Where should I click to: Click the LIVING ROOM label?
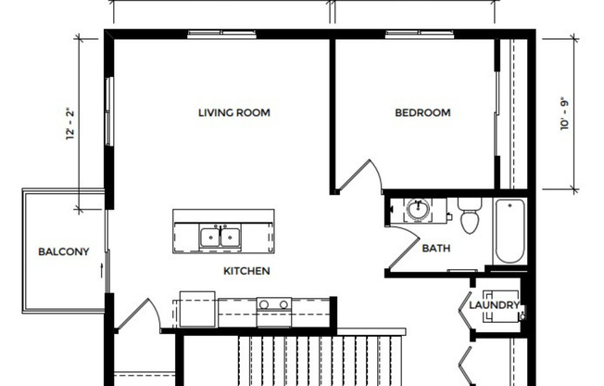pos(233,113)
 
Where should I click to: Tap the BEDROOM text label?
pos(422,113)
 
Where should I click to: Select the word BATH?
pos(435,249)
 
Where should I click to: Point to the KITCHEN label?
pos(246,272)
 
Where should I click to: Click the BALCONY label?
pos(63,252)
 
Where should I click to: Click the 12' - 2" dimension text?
pos(69,125)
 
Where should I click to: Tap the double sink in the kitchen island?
pos(220,237)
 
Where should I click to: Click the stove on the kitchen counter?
pos(273,307)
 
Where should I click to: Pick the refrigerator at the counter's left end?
pos(197,309)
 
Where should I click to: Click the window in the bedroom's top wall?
pos(406,34)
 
